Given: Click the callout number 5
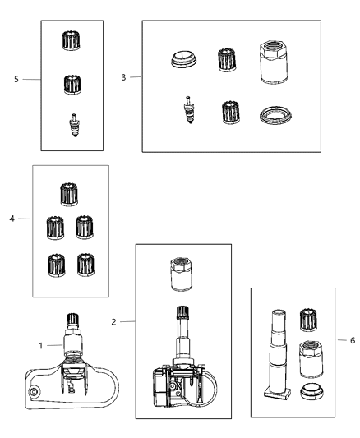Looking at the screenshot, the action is coord(16,80).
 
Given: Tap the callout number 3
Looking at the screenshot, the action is coord(124,77).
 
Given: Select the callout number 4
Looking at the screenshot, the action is coord(12,219).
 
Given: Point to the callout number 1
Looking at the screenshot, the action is coord(40,346).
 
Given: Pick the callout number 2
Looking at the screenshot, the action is coord(113,322).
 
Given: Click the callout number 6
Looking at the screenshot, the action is coord(353,340).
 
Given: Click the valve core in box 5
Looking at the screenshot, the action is coord(74,125).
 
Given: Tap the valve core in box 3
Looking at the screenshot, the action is coord(189,109).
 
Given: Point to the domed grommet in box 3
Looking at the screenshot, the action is coord(184,59).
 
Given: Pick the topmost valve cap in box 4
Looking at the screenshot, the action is coord(69,195).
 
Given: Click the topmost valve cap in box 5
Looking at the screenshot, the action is coord(72,40).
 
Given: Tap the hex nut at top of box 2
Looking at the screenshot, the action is coord(182,274).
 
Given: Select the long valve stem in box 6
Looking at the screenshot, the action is coord(278,354).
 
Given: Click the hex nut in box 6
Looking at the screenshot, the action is coord(312,359).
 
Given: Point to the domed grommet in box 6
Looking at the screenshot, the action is coord(312,391).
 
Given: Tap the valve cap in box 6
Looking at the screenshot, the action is coord(308,320).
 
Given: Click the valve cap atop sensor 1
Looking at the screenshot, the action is coord(72,320).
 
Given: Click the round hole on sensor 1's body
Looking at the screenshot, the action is coord(34,392).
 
